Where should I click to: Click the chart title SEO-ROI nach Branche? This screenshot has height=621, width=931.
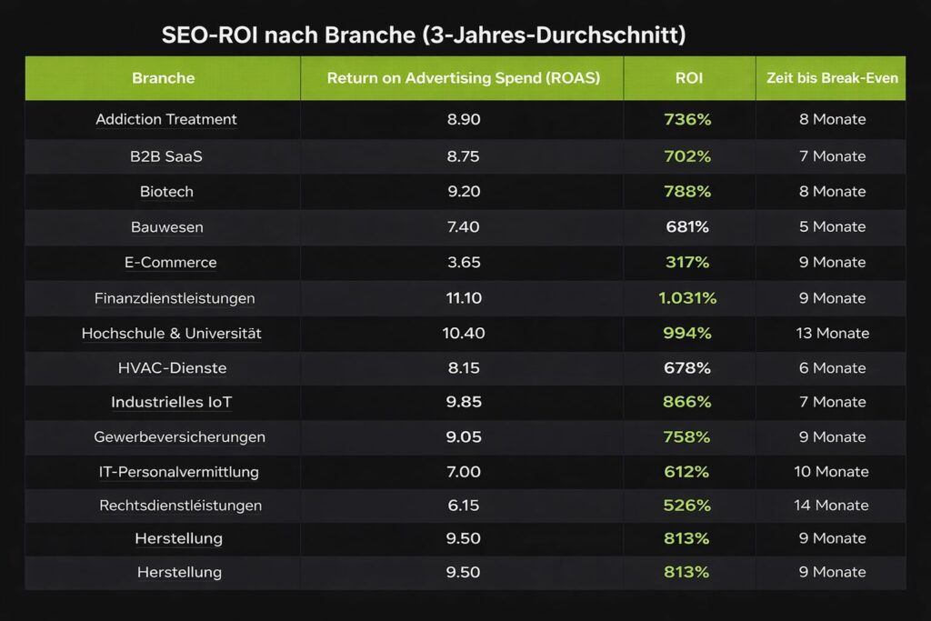pos(423,35)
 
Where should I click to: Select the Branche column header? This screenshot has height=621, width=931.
pos(163,78)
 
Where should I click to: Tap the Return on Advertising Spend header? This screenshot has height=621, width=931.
pos(463,78)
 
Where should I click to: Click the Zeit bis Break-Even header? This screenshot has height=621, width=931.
pos(832,78)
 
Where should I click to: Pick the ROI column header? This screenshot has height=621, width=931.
pos(689,78)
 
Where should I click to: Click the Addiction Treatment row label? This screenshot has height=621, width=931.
pos(165,119)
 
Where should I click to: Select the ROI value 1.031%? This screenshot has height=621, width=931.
pos(687,298)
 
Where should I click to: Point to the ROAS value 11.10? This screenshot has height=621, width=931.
pos(464,298)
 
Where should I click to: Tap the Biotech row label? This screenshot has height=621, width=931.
pos(166,192)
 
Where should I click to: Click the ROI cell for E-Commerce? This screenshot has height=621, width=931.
pos(687,263)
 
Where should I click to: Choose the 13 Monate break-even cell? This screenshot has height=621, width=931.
pos(832,334)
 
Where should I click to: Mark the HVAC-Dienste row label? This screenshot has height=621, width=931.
pos(172,368)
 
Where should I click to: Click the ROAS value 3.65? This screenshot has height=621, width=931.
pos(464,263)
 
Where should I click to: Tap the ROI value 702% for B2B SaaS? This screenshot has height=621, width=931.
pos(687,156)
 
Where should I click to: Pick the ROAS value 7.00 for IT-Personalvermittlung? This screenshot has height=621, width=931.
pos(464,472)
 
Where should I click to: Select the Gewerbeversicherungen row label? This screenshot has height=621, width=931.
pos(179,437)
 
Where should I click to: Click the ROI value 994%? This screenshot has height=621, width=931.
pos(687,334)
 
